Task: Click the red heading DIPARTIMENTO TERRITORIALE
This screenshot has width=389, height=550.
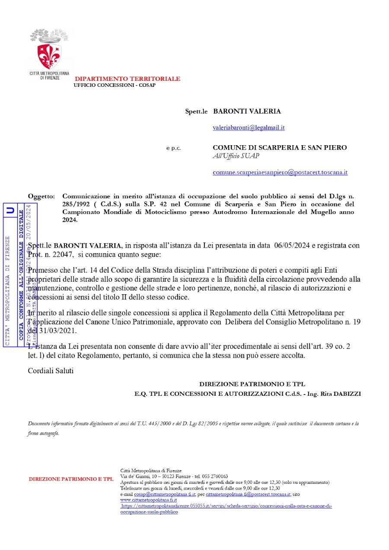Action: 128,79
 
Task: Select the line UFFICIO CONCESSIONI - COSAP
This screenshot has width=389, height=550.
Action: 115,85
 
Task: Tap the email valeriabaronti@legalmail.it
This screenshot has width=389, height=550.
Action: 249,128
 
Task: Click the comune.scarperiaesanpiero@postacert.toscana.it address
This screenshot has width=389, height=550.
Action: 280,172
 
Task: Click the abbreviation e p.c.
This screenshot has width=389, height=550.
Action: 174,148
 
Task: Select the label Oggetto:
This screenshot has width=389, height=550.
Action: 41,196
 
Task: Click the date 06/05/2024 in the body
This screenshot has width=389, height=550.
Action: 293,245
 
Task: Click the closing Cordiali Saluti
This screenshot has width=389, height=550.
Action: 51,370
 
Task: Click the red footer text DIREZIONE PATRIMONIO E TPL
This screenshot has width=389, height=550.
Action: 71,479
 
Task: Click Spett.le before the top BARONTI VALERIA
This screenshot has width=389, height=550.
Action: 197,111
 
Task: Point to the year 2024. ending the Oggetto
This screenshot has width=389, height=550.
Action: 70,219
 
